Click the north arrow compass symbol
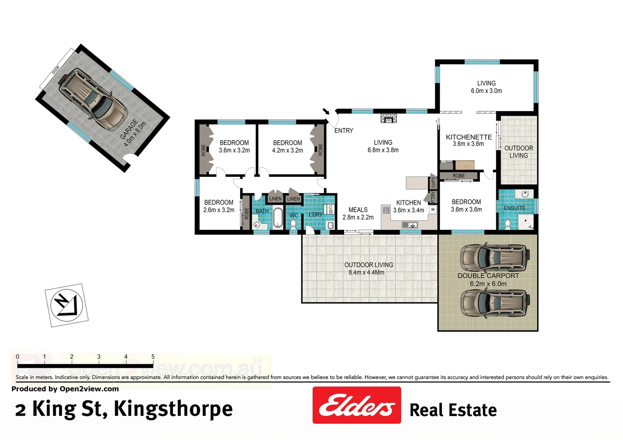click(x=66, y=305)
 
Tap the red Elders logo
click(x=357, y=405)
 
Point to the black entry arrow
click(x=326, y=111)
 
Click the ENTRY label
click(x=344, y=131)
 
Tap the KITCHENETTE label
click(x=468, y=137)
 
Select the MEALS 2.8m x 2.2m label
click(x=358, y=213)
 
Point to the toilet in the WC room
click(x=293, y=224)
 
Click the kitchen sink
click(x=410, y=225)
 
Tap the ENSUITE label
click(x=514, y=208)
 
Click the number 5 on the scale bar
click(x=153, y=357)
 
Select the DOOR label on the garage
click(x=56, y=70)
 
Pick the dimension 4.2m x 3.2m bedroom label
click(x=287, y=150)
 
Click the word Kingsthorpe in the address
click(x=173, y=409)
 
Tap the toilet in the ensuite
click(x=508, y=224)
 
